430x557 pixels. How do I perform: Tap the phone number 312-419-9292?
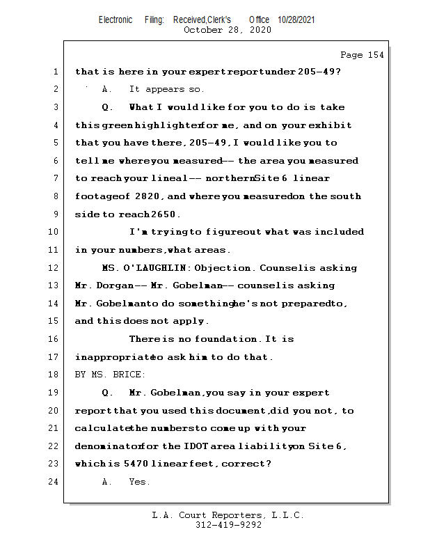pyautogui.click(x=228, y=525)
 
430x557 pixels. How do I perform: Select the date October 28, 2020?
pyautogui.click(x=228, y=30)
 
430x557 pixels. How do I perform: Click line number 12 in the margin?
pyautogui.click(x=55, y=268)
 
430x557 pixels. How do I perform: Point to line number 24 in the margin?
pyautogui.click(x=55, y=482)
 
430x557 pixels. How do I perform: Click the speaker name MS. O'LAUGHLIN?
pyautogui.click(x=145, y=268)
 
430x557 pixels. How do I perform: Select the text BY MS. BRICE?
pyautogui.click(x=110, y=375)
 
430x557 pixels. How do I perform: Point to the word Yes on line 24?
pyautogui.click(x=138, y=482)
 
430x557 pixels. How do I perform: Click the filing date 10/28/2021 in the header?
pyautogui.click(x=296, y=19)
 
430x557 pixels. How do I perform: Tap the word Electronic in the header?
pyautogui.click(x=116, y=19)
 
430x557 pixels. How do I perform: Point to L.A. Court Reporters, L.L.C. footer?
pyautogui.click(x=228, y=515)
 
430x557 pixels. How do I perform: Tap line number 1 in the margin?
pyautogui.click(x=55, y=72)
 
